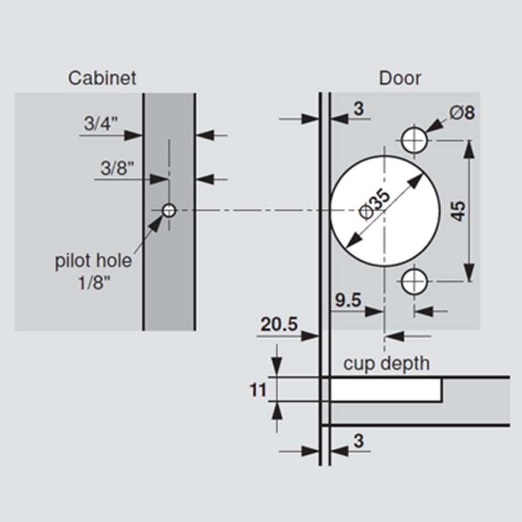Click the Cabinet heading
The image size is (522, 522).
coord(102,78)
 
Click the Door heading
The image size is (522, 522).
coord(400,78)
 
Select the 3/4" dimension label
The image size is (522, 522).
coord(101,124)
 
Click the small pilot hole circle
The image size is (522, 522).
coord(169,211)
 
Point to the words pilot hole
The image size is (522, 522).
coord(93,260)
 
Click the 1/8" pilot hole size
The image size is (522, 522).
coord(93,283)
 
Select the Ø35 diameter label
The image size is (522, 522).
coord(375,204)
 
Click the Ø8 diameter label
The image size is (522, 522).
coord(462,113)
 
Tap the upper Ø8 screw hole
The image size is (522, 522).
coord(414,140)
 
